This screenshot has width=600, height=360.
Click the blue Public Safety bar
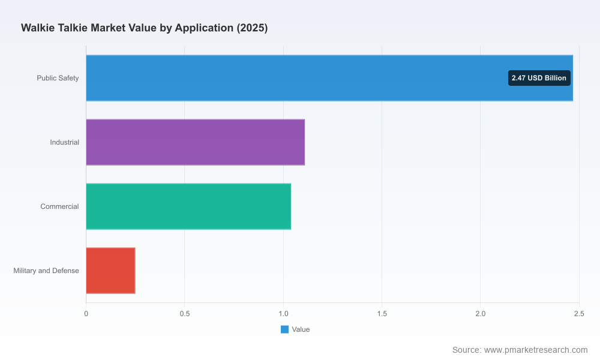click(x=329, y=78)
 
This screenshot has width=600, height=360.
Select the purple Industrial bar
click(x=196, y=142)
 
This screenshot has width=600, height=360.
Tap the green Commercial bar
click(x=188, y=206)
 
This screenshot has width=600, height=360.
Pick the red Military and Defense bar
click(x=110, y=271)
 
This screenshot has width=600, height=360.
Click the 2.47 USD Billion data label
click(x=539, y=78)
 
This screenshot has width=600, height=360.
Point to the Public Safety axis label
click(x=58, y=78)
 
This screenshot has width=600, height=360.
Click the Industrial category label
click(x=65, y=142)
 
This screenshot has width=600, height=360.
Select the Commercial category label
click(x=59, y=206)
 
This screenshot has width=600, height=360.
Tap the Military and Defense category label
click(x=46, y=271)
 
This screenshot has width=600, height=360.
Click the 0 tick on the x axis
click(x=86, y=314)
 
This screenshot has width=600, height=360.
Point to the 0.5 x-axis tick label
click(x=185, y=314)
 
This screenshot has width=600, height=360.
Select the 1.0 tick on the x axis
click(x=283, y=314)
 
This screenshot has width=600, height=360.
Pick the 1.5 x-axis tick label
click(x=382, y=314)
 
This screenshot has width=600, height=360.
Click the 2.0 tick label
click(x=481, y=314)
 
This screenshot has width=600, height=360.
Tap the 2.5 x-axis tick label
click(x=580, y=314)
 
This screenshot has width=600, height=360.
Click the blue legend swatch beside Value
click(x=284, y=329)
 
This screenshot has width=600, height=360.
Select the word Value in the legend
click(x=301, y=329)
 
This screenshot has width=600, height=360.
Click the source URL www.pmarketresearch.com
click(x=536, y=350)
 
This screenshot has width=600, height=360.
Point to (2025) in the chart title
click(x=252, y=28)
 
